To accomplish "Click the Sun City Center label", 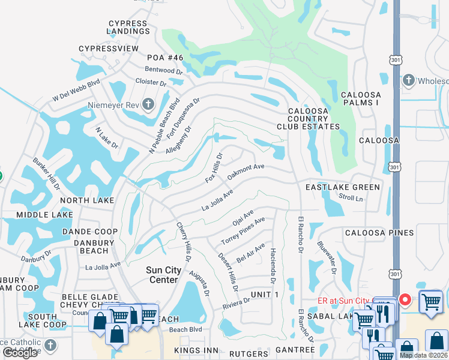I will click(163, 275).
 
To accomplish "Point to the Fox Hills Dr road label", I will click(214, 168).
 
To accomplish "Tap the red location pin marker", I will click(405, 299).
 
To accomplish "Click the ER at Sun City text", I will click(344, 301).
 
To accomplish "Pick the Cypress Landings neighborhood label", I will click(127, 28).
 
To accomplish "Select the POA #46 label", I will click(164, 58).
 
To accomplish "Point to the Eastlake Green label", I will click(343, 187).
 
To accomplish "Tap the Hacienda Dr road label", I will click(273, 266).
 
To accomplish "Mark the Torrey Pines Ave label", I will click(243, 231).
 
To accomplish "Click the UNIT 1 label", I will click(265, 294).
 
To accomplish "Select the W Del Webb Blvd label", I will click(76, 91).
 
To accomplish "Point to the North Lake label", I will click(86, 200).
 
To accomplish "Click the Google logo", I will click(20, 353).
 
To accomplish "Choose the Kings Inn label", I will click(194, 350).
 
